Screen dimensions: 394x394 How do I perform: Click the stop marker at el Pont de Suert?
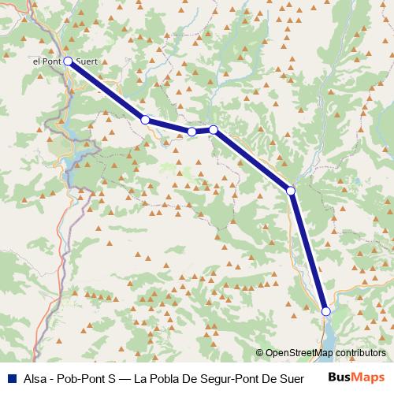tap(68, 61)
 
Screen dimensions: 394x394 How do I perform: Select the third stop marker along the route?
tap(191, 132)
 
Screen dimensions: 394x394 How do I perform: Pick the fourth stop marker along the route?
tap(214, 129)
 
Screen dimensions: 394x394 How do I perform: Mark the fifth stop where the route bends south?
tap(291, 191)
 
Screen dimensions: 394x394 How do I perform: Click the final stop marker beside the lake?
tap(326, 312)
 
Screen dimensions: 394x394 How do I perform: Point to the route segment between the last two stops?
tap(308, 251)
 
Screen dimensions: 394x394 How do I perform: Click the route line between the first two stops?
tap(106, 90)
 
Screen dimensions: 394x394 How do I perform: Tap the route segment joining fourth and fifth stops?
tap(252, 160)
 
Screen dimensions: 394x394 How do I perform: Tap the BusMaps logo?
tap(357, 376)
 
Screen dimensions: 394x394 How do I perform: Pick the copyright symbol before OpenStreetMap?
tap(260, 354)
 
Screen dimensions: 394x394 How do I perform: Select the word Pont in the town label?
tap(51, 61)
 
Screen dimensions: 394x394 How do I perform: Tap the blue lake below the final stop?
tap(330, 336)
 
